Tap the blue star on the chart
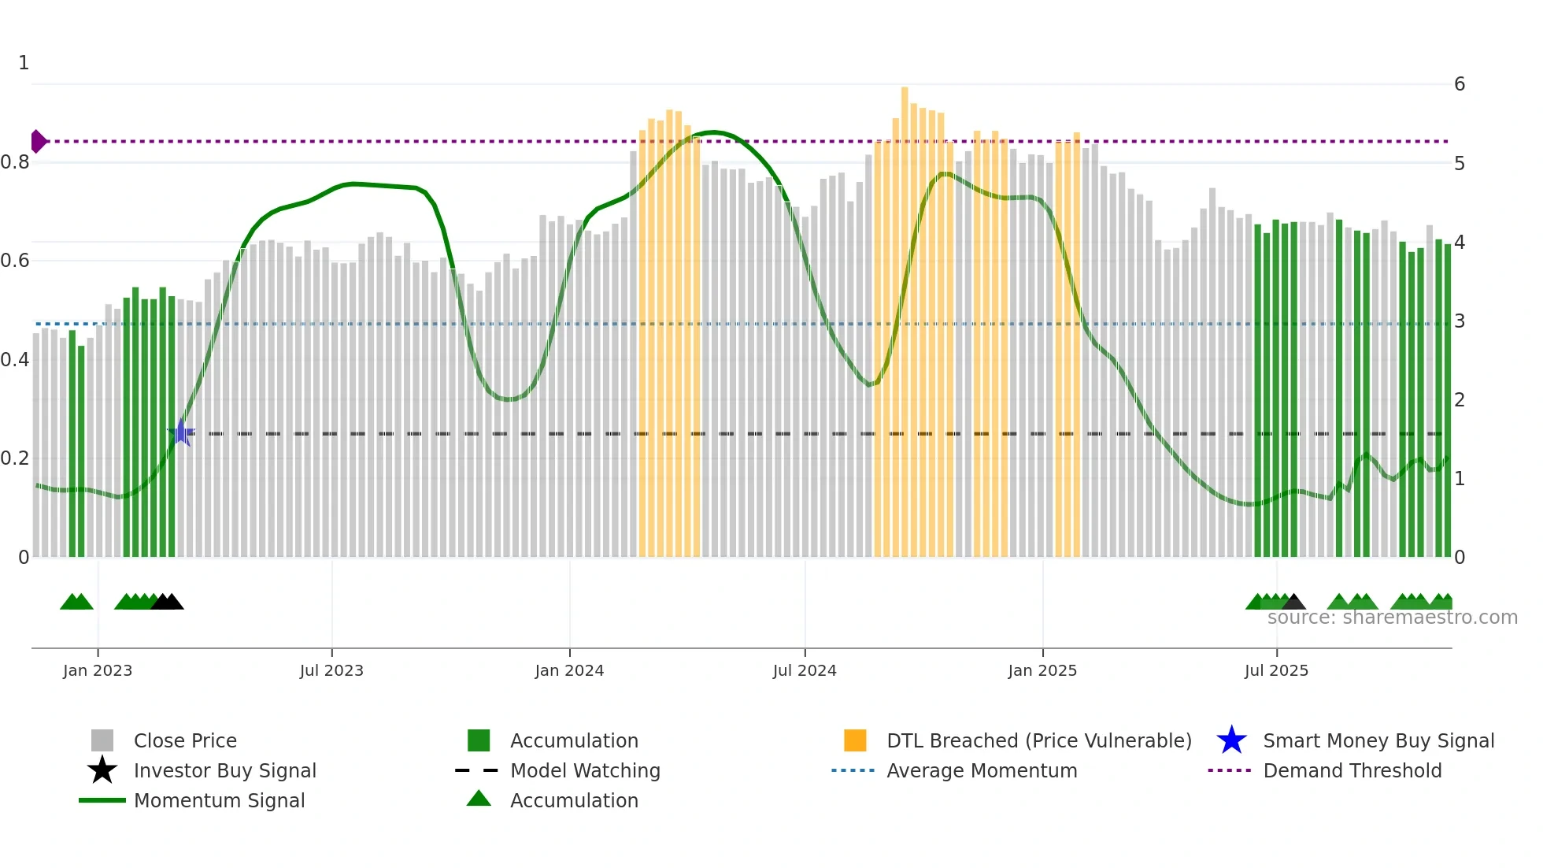pos(181,432)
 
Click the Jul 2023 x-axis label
pos(331,670)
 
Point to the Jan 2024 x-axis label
pos(569,670)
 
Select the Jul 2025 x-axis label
pos(1276,670)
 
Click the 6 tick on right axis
pos(1459,84)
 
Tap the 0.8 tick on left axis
pos(16,162)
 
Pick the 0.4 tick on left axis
pos(16,360)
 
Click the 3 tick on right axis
pos(1459,321)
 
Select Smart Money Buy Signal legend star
pos(1231,740)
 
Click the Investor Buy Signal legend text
pos(224,770)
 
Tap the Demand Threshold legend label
pos(1352,770)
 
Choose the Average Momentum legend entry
pos(981,770)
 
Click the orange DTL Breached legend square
pos(855,740)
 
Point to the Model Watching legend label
pos(585,770)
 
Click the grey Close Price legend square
pos(102,740)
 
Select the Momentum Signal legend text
pos(219,800)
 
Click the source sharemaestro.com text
pos(1392,618)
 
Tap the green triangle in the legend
pos(479,799)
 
